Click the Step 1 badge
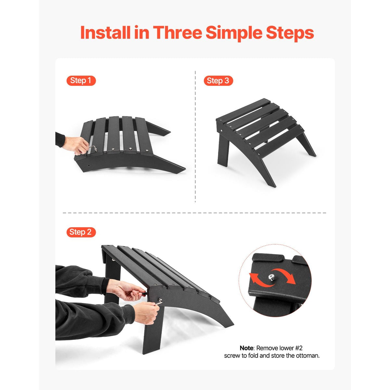81,81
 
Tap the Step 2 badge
81,232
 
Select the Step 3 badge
218,81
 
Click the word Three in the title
177,32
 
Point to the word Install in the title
105,32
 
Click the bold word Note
246,348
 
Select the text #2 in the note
299,348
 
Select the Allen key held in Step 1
93,149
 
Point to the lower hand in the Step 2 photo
146,313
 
